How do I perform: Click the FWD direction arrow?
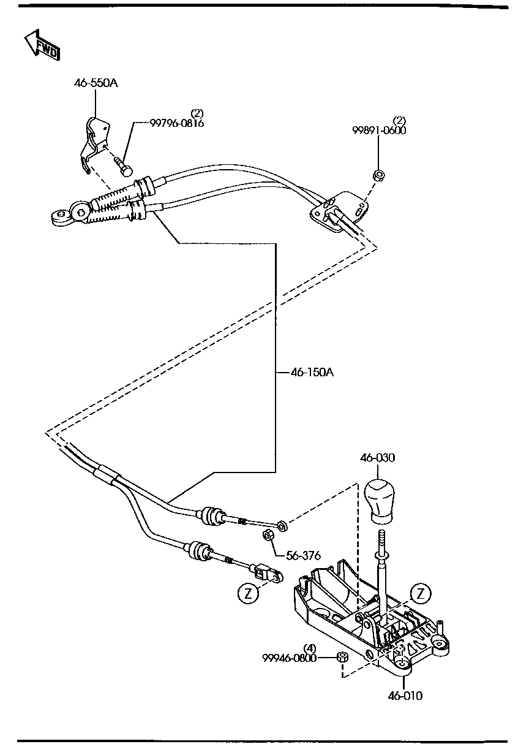point(42,45)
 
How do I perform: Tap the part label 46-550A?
point(96,83)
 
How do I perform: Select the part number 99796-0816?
point(177,123)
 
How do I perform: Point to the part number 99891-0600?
point(379,131)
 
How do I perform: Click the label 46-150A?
point(312,373)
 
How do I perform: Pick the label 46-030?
point(378,458)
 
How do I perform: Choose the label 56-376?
point(303,555)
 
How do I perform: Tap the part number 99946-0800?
point(289,658)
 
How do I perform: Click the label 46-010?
point(405,696)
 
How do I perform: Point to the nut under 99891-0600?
point(378,175)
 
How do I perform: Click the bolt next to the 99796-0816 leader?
point(124,166)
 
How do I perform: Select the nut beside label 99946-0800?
point(342,658)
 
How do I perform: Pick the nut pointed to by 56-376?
point(268,536)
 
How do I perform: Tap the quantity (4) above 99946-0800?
point(310,648)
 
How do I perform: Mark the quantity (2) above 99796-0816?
point(197,113)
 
